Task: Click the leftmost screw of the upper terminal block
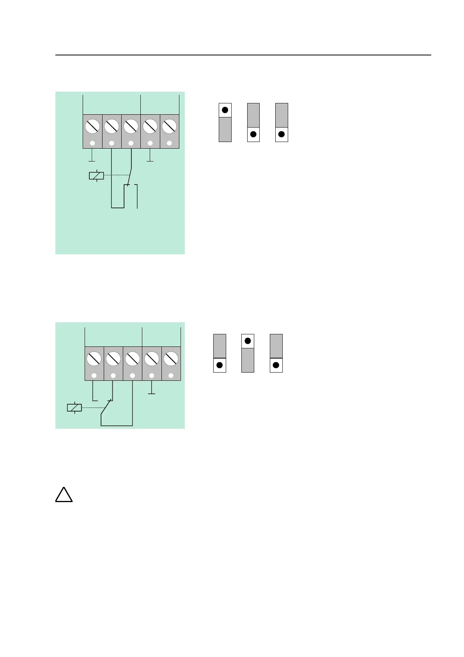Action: click(x=92, y=126)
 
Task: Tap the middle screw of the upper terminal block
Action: click(x=131, y=126)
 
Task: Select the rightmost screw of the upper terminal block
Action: click(x=169, y=126)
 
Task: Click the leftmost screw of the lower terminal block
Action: click(x=94, y=359)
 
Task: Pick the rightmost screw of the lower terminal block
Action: click(x=171, y=359)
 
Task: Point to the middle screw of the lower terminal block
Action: click(x=133, y=359)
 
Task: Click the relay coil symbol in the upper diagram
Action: click(x=96, y=176)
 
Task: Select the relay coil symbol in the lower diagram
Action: click(x=74, y=408)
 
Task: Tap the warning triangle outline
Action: click(x=64, y=495)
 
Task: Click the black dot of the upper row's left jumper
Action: click(x=225, y=110)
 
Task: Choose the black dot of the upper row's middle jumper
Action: click(x=253, y=135)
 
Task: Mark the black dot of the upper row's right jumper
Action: click(x=282, y=135)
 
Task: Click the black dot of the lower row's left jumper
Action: click(x=220, y=365)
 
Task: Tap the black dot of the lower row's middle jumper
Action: click(x=248, y=341)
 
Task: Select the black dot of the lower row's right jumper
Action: click(x=276, y=365)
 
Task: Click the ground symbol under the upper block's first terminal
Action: click(x=92, y=160)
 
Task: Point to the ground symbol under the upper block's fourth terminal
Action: click(x=150, y=160)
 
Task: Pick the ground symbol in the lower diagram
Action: click(x=152, y=393)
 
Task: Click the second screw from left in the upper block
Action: click(x=112, y=126)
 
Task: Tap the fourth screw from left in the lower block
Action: click(x=152, y=359)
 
